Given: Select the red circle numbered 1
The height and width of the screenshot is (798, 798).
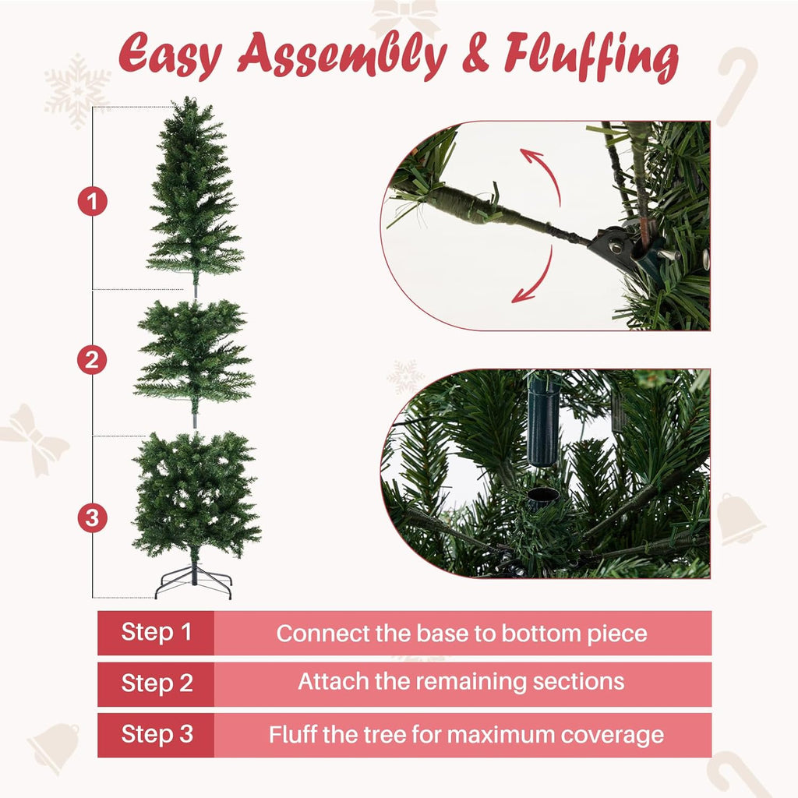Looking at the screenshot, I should pyautogui.click(x=93, y=203).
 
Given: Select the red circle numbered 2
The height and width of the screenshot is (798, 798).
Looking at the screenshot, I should pyautogui.click(x=93, y=360).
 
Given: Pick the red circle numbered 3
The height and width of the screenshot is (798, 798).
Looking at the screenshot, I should pyautogui.click(x=93, y=518).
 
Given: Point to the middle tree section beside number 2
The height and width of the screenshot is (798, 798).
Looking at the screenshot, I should pyautogui.click(x=194, y=358).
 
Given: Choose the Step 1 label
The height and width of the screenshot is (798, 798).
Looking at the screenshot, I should pyautogui.click(x=156, y=632).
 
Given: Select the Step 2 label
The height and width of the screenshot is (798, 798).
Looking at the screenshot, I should pyautogui.click(x=156, y=683).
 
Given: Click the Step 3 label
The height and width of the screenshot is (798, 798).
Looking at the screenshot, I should pyautogui.click(x=156, y=734).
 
